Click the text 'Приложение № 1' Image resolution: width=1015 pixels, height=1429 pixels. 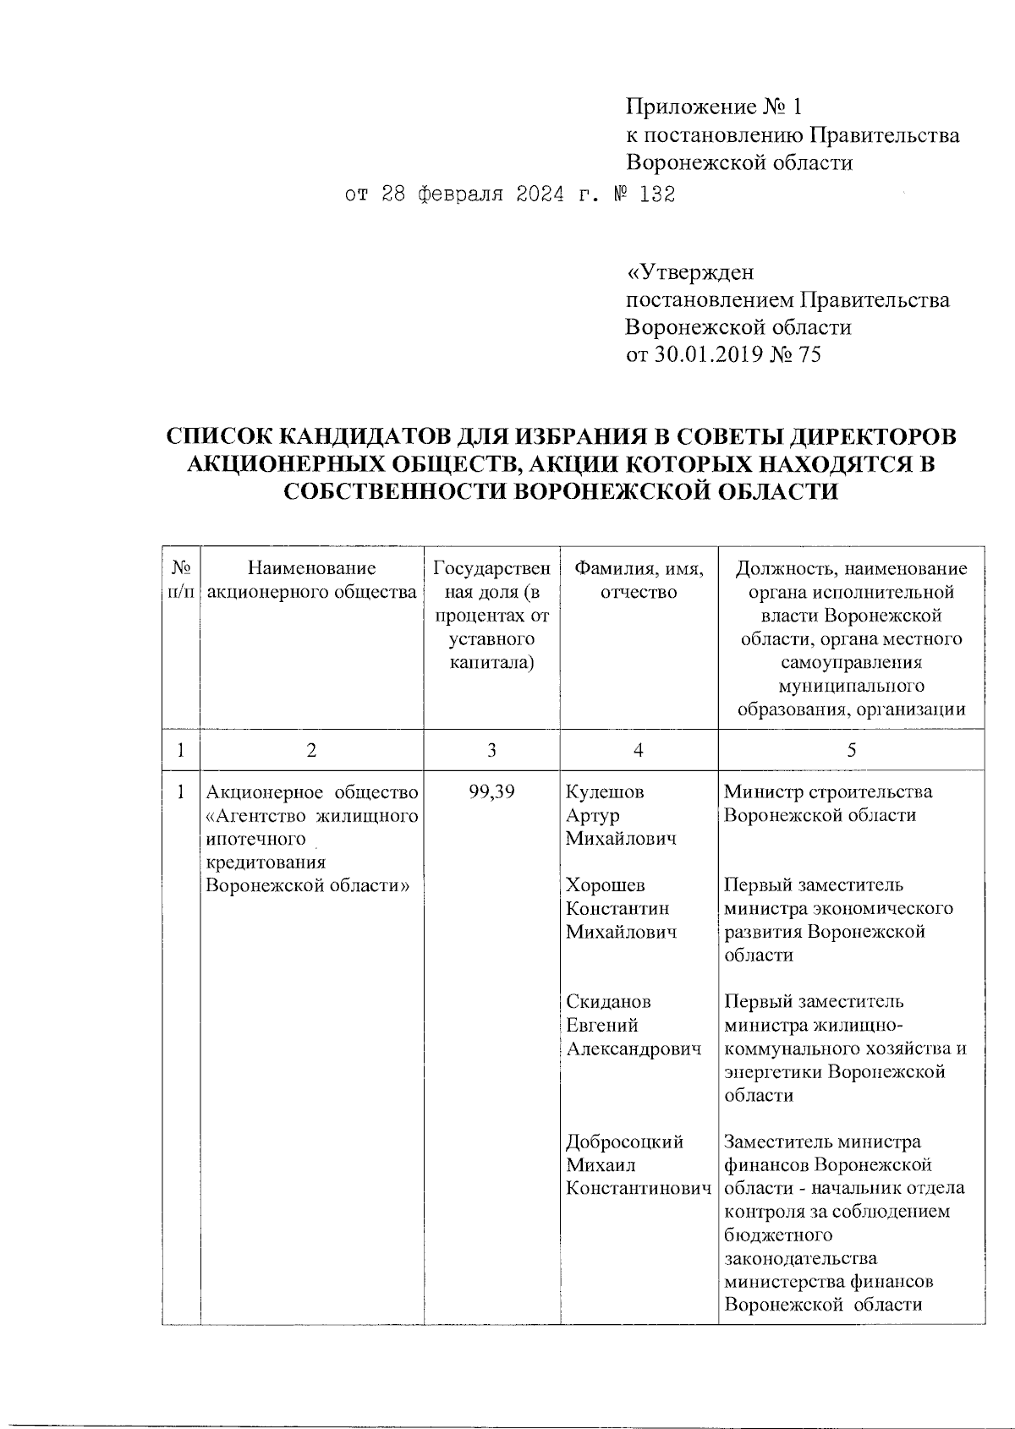pos(712,107)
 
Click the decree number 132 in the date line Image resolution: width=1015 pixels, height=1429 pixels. pos(657,195)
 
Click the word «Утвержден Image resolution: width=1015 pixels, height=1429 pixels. pos(689,272)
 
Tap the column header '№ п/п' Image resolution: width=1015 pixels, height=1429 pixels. pos(180,580)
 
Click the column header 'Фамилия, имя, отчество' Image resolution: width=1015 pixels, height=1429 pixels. pos(639,580)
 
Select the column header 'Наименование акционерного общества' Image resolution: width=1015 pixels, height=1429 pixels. pos(311,580)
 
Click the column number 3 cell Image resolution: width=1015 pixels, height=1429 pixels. pos(491,750)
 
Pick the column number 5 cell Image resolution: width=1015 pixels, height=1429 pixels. pos(851,750)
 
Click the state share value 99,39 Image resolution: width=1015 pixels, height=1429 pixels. pos(491,792)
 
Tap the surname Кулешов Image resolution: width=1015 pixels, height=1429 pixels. pos(605,792)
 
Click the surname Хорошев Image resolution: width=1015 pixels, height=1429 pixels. pos(605,885)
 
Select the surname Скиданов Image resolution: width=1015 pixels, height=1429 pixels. pos(608,1002)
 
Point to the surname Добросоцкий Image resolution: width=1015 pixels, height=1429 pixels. pos(624,1142)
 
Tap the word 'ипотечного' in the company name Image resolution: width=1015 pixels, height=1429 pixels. pos(255,840)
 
